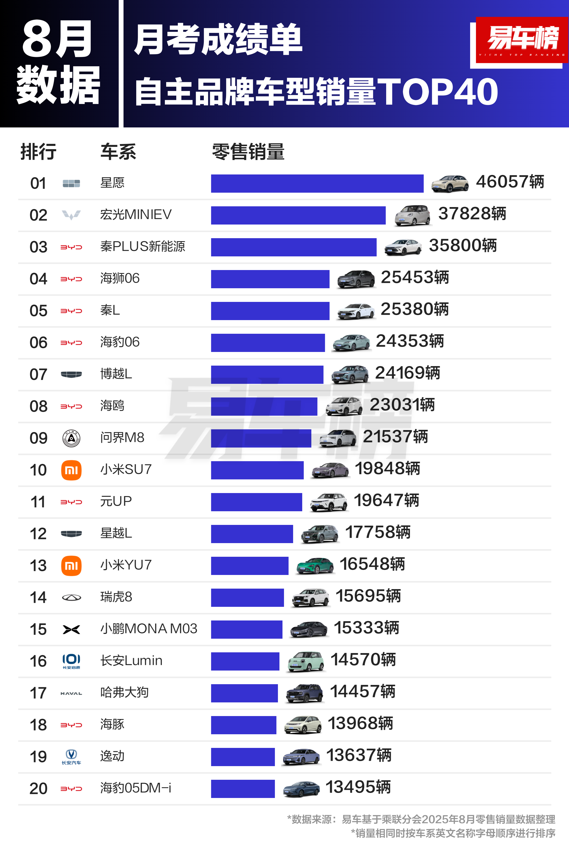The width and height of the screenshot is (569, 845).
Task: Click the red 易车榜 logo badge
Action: tap(522, 40)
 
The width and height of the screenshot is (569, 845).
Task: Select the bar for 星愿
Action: tap(317, 183)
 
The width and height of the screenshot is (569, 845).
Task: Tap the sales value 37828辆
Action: tap(472, 214)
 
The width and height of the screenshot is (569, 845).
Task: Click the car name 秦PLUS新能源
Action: tap(143, 247)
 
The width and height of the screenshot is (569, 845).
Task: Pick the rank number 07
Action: tap(38, 374)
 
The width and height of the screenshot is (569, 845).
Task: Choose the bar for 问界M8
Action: tap(261, 438)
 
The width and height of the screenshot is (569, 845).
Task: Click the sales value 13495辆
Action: tap(358, 787)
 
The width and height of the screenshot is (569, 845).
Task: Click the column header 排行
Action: tap(38, 152)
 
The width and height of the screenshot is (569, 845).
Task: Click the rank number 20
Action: tap(38, 789)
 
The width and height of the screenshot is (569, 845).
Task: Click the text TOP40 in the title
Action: tap(438, 92)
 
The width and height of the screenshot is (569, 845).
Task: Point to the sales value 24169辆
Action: tap(407, 373)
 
